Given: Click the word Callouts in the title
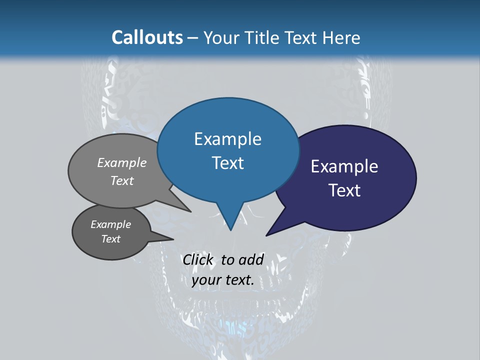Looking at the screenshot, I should coord(147,37).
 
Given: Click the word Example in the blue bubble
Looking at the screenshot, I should coord(227,139).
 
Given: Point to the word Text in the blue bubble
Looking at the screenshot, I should coord(227,163).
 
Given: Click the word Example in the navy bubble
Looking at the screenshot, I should coord(344,166).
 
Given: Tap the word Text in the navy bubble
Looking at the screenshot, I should coord(344,190).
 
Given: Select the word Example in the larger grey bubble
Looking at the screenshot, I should coord(122,162).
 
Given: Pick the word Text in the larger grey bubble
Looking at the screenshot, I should coord(122,180).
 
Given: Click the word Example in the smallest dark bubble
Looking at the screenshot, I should coord(110,224).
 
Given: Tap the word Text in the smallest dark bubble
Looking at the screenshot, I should coord(110,239).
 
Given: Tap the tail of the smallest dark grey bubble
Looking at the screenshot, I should coord(168,238).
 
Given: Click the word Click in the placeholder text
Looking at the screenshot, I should coord(197,259).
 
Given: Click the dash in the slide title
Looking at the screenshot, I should coord(193,38).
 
